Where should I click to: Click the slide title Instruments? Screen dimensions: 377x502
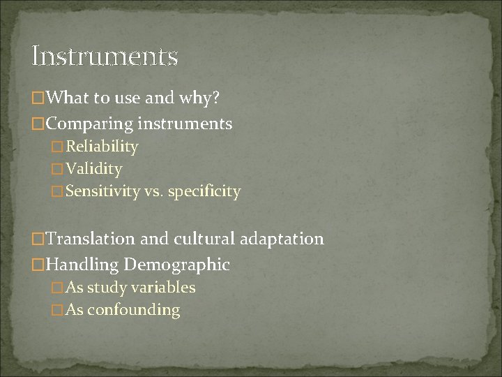click(105, 56)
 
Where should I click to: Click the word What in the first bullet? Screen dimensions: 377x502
click(70, 99)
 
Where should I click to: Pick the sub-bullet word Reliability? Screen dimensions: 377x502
click(102, 147)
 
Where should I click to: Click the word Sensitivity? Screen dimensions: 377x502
click(102, 191)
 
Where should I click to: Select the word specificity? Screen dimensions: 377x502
click(206, 191)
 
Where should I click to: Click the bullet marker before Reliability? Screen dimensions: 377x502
click(58, 147)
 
